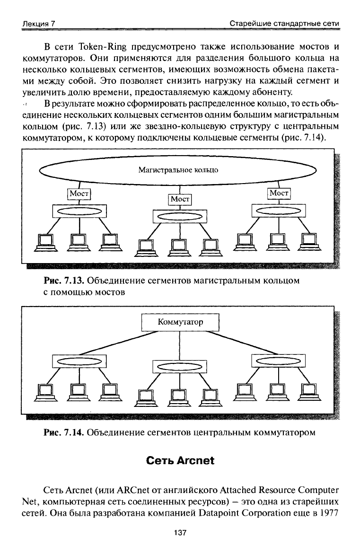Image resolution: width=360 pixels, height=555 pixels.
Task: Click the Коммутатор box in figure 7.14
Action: click(180, 322)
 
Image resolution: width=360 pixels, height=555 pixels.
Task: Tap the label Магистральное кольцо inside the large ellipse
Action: click(178, 170)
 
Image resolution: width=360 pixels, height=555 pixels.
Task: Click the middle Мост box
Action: click(180, 199)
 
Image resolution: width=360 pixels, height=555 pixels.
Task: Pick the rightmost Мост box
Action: click(279, 193)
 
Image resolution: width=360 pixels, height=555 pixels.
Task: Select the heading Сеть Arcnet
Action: click(180, 460)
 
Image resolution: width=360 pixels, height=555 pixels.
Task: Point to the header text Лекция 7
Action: click(39, 24)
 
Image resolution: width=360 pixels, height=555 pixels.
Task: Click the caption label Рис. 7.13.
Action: click(64, 281)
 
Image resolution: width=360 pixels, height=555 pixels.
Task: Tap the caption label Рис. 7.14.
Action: click(64, 432)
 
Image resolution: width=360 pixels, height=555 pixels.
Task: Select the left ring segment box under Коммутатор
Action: click(79, 361)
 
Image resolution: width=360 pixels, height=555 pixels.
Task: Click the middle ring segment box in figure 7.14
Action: click(180, 367)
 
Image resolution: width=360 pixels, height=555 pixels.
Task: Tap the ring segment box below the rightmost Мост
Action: click(279, 211)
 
